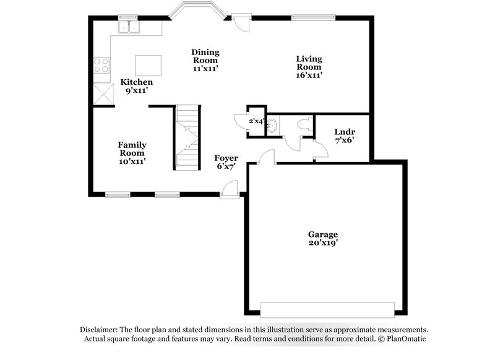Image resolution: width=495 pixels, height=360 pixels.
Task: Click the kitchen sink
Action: coord(130,27)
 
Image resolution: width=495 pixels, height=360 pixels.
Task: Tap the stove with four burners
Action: coord(101,66)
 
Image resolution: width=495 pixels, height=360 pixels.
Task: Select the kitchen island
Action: coord(148,64)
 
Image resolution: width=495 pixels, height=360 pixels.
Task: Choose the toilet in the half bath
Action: coord(303,124)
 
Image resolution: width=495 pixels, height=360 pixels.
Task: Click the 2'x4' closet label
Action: coord(256,121)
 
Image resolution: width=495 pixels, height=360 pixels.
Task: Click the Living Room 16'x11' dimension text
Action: coord(309,75)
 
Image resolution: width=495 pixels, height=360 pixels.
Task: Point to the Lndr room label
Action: coord(344,132)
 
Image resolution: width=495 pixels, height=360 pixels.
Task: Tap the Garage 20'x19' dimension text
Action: coord(323,244)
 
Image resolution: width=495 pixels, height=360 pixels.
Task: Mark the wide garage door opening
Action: coord(327,309)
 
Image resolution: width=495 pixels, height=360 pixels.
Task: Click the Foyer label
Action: coord(226,158)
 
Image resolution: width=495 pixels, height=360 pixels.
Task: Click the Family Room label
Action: coord(132,148)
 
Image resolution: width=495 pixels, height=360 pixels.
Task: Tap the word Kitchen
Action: coord(136,82)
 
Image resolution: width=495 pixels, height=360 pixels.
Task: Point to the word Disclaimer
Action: coord(101,330)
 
